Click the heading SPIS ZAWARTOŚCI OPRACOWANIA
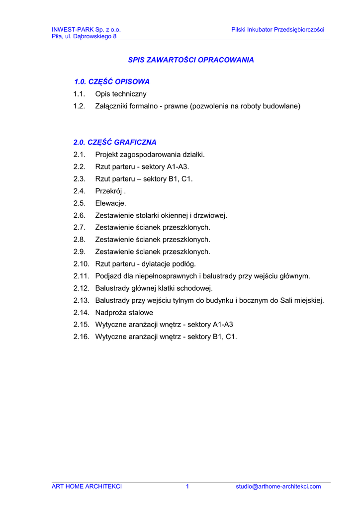(x=191, y=60)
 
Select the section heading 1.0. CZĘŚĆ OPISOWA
(x=111, y=82)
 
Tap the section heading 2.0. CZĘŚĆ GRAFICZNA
(x=115, y=142)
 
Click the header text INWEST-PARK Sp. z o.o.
(x=87, y=30)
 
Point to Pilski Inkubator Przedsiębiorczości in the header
(x=277, y=30)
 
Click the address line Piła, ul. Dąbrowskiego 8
(x=84, y=36)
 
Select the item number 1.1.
(x=79, y=94)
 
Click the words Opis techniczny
(x=121, y=94)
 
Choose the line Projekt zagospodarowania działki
(x=150, y=155)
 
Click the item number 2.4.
(x=79, y=191)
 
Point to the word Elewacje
(x=110, y=203)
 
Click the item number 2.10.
(x=81, y=264)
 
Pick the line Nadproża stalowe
(x=124, y=313)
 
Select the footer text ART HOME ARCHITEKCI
(x=87, y=487)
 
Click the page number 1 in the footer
(x=187, y=487)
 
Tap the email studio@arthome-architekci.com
(x=278, y=487)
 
